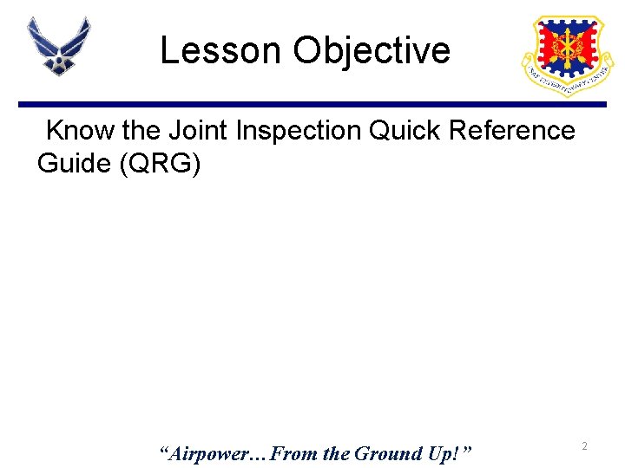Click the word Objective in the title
pyautogui.click(x=372, y=51)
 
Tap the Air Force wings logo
pyautogui.click(x=59, y=46)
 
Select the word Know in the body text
pyautogui.click(x=80, y=131)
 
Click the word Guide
pyautogui.click(x=76, y=163)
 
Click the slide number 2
pyautogui.click(x=585, y=445)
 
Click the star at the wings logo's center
pyautogui.click(x=58, y=62)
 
